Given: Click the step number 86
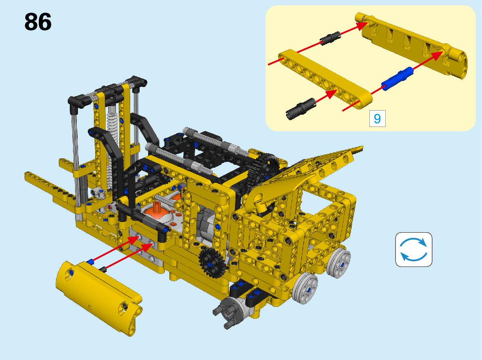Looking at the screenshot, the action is (38, 22).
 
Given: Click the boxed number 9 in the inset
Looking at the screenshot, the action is (377, 118).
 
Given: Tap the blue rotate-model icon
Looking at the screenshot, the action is (413, 249).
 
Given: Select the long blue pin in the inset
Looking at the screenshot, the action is (397, 78).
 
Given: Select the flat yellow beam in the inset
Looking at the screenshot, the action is (325, 79).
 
